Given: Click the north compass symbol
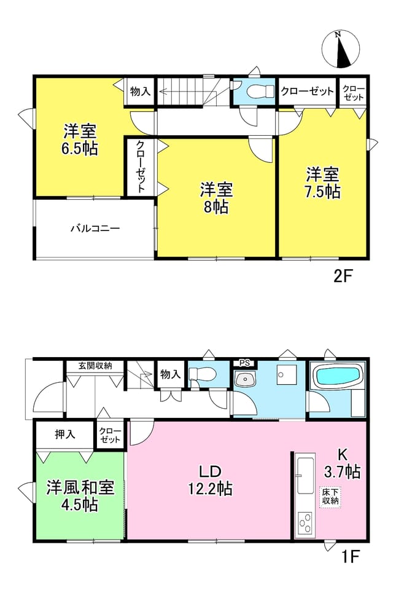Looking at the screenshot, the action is [x=341, y=49].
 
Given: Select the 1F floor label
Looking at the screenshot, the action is [x=351, y=556].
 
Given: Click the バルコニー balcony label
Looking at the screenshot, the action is [x=95, y=228].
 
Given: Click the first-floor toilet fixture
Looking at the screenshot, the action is [x=201, y=374].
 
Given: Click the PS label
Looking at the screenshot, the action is [x=244, y=363].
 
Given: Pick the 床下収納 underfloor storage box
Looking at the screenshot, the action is [x=330, y=497].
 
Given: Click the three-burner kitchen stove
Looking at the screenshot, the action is [x=305, y=523].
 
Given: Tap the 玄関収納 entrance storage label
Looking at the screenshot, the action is [x=95, y=365].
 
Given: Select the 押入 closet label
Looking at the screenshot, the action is [x=65, y=435].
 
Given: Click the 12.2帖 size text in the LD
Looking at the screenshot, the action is [x=210, y=489].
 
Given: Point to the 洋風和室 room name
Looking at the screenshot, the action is [x=80, y=487].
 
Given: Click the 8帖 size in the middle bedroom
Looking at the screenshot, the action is [x=216, y=206].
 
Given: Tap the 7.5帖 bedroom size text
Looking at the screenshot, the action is [x=322, y=192].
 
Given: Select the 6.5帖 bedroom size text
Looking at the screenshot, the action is [x=80, y=149].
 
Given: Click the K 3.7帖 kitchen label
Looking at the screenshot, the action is [x=342, y=463].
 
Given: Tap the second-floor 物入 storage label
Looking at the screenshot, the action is [x=140, y=91].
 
